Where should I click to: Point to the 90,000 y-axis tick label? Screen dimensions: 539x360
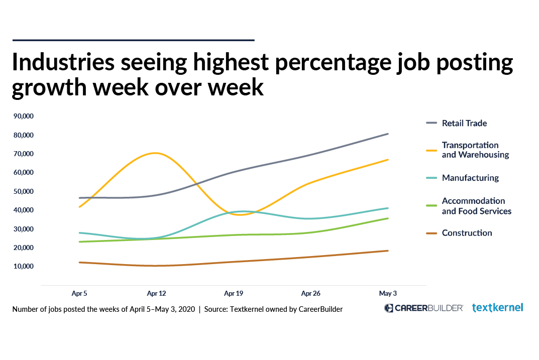click(x=24, y=116)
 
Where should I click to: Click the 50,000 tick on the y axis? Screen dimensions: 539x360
click(x=24, y=191)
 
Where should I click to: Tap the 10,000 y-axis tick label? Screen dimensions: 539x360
click(x=24, y=266)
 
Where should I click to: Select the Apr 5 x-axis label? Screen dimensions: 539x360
click(x=79, y=293)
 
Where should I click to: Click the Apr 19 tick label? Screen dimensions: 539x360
click(x=234, y=293)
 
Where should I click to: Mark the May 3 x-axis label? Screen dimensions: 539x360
click(x=388, y=293)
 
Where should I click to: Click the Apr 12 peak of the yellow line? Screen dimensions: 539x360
click(x=156, y=153)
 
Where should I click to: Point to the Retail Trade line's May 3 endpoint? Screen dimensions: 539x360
click(x=388, y=134)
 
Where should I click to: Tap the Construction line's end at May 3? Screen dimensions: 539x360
click(x=388, y=251)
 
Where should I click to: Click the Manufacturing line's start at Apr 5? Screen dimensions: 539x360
click(x=80, y=233)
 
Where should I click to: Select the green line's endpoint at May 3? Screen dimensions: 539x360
click(x=388, y=218)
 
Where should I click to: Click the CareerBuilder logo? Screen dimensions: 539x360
click(x=423, y=308)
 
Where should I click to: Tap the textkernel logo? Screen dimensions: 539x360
click(x=497, y=308)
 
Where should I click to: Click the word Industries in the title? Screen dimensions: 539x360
click(x=63, y=62)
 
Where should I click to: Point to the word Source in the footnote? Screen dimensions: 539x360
click(x=215, y=309)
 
